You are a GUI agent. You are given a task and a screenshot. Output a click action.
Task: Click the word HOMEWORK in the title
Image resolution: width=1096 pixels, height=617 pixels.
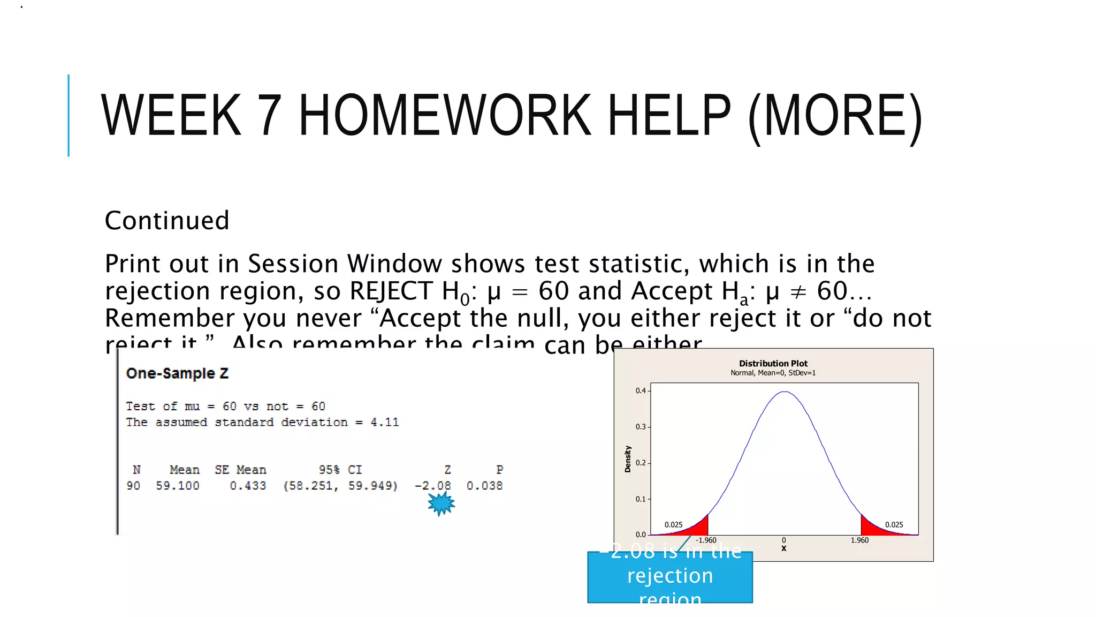[x=444, y=116]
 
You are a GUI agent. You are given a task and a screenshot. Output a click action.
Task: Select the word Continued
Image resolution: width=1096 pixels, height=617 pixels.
[x=167, y=221]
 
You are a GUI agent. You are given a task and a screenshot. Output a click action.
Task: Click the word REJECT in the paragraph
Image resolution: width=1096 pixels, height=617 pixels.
[x=391, y=291]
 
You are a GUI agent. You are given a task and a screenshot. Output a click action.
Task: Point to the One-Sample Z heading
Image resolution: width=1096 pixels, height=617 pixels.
[x=177, y=373]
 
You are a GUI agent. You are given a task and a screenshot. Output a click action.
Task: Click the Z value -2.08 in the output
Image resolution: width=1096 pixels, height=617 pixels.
[x=433, y=486]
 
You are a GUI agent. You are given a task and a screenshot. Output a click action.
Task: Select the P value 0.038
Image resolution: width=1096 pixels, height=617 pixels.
[x=484, y=486]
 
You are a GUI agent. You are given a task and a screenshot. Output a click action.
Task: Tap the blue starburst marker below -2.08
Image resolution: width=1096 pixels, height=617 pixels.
[x=441, y=503]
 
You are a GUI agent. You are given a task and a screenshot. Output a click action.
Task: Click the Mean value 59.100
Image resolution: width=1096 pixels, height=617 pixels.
[x=178, y=486]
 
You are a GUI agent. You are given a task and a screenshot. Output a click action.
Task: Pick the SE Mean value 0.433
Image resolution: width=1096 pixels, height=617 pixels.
[x=248, y=486]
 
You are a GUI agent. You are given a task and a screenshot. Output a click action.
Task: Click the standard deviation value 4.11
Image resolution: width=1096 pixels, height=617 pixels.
[x=385, y=422]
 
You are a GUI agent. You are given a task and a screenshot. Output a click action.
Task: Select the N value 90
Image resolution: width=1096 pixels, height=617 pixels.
[x=133, y=486]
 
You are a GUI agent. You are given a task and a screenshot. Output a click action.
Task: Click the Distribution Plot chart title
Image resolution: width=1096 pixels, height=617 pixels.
[x=773, y=364]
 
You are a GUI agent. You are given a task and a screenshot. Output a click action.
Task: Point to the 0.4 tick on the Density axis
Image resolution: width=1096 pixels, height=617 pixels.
[x=641, y=390]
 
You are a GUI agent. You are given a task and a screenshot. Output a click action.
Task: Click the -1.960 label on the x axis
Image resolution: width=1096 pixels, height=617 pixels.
[x=706, y=540]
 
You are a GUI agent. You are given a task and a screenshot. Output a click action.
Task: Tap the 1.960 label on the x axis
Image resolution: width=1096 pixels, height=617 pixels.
[x=859, y=540]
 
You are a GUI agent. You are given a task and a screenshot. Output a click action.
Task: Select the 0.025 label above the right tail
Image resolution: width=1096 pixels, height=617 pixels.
[x=894, y=525]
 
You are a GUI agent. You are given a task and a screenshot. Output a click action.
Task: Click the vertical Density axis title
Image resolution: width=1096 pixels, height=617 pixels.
[x=628, y=459]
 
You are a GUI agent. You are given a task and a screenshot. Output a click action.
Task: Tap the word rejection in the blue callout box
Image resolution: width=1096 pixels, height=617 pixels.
[x=670, y=576]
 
